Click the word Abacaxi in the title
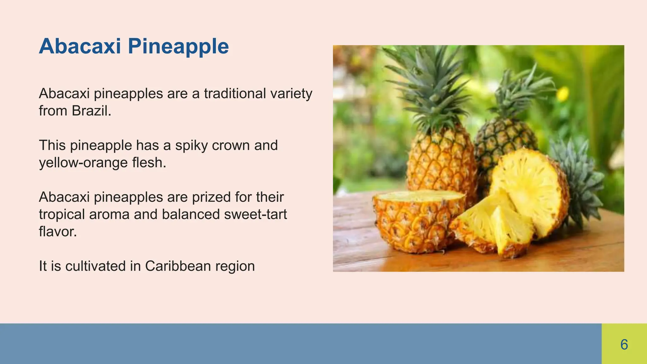(80, 46)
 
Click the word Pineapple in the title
(178, 47)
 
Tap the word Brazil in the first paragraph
(91, 111)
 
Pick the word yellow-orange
(83, 163)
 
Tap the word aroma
(109, 214)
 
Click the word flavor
(58, 232)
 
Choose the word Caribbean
(178, 266)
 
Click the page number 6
(624, 344)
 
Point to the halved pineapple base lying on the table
(417, 221)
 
